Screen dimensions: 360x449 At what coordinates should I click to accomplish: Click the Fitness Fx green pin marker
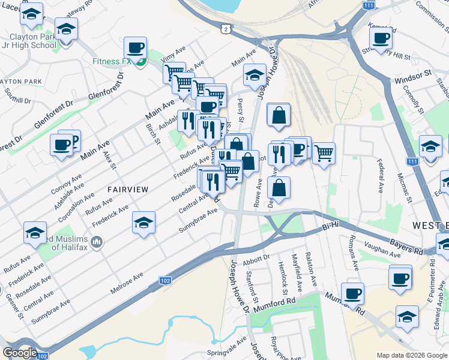click(140, 62)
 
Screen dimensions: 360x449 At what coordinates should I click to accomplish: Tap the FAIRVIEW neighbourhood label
click(127, 189)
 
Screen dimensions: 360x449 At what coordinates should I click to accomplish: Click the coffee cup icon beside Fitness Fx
click(135, 47)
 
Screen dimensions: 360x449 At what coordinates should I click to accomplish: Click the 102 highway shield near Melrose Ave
click(164, 280)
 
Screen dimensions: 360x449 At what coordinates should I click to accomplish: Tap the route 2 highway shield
click(224, 28)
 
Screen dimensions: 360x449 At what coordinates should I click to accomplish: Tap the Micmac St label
click(402, 184)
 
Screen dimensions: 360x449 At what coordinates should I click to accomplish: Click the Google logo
click(20, 353)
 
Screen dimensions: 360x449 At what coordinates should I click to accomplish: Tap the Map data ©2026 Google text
click(412, 355)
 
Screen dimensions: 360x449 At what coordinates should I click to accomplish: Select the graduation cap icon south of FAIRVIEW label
click(143, 223)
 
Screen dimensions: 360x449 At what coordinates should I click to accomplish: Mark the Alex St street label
click(108, 160)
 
